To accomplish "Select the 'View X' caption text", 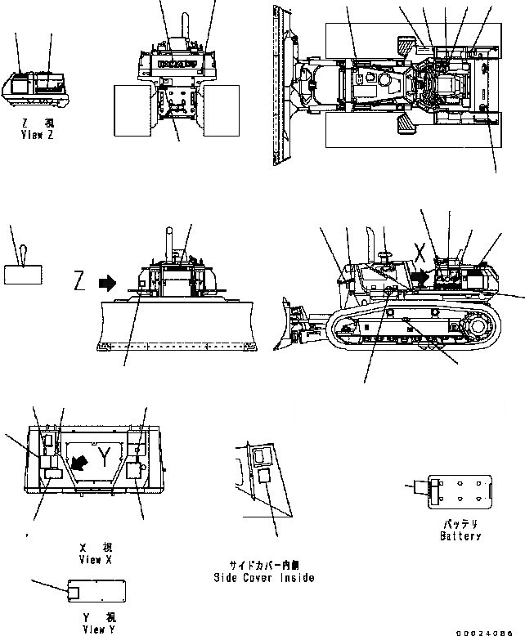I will pos(96,560).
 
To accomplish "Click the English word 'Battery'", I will pos(460,536).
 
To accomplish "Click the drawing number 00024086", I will pos(491,630).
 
